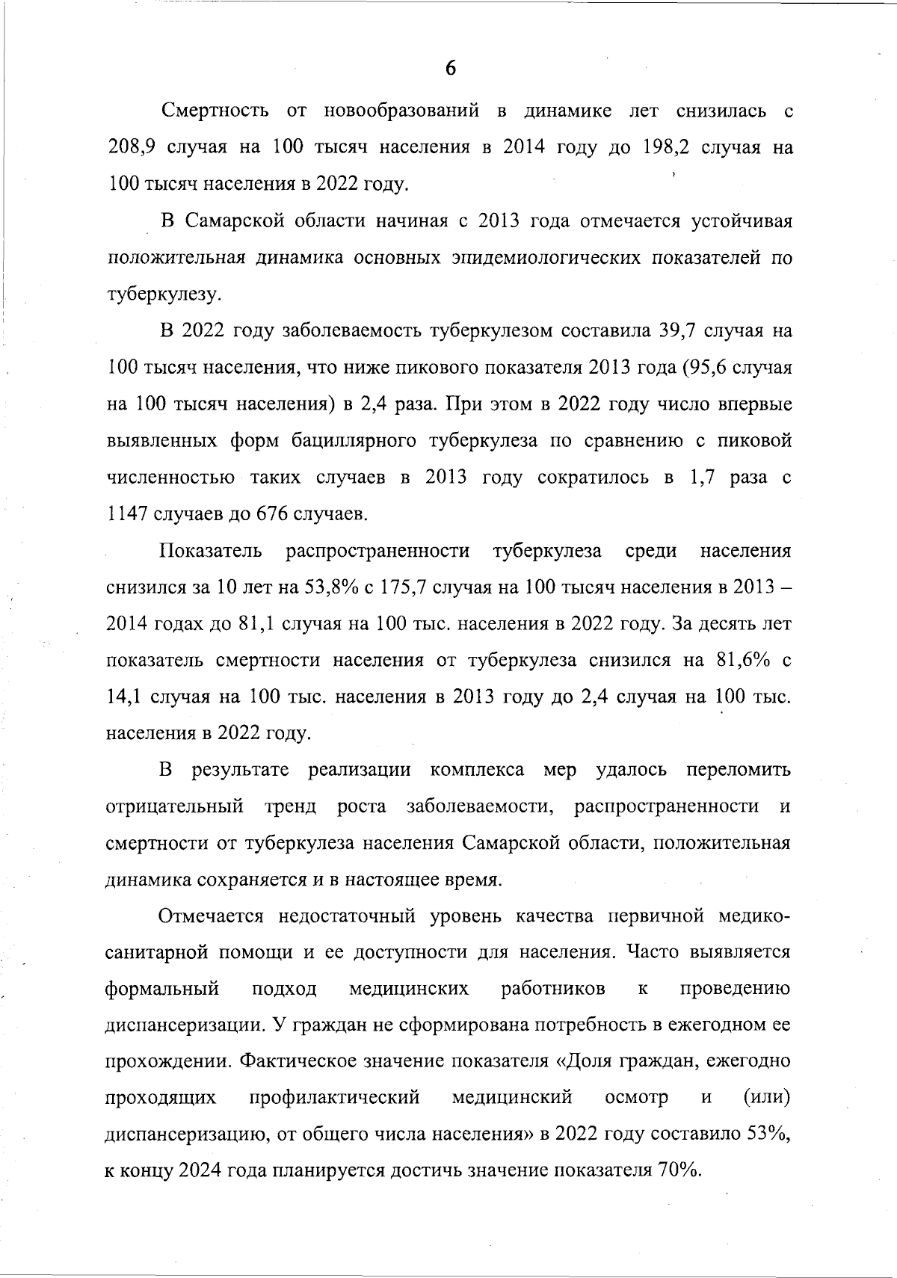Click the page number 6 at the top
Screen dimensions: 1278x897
point(450,69)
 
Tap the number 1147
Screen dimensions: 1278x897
point(129,514)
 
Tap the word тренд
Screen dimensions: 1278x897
point(290,807)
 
